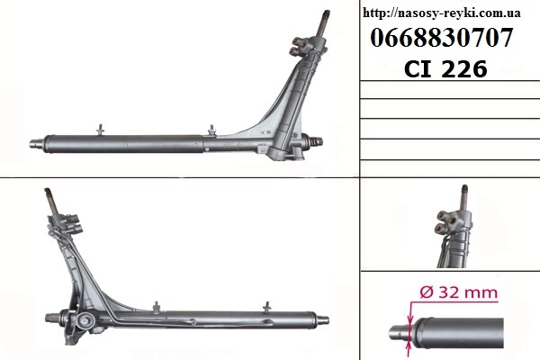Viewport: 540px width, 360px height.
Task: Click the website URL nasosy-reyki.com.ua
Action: click(x=442, y=13)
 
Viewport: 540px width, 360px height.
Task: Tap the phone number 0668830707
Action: click(x=442, y=38)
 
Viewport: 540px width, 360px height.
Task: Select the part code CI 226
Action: click(x=445, y=68)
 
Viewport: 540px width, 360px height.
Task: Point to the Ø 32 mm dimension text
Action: click(x=459, y=292)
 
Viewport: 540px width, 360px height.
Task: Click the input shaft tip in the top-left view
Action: click(x=326, y=13)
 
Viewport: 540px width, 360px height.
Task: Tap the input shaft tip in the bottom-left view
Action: click(x=48, y=191)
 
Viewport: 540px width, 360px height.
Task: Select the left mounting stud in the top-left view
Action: click(x=101, y=130)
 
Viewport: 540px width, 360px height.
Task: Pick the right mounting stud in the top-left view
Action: click(x=211, y=130)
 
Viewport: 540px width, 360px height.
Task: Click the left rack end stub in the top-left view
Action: click(x=36, y=142)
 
